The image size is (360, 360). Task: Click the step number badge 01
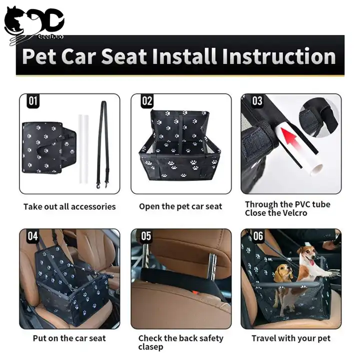pos(33,100)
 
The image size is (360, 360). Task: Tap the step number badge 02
pos(147,100)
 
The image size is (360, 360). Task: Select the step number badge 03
pos(257,100)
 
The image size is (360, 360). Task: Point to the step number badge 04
pos(32,236)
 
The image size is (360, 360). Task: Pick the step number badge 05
pos(146,236)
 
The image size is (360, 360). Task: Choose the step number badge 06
pos(258,236)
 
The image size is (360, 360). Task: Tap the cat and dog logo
pos(34,25)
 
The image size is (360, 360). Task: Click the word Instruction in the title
pos(279,56)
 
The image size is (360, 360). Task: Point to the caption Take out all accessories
pos(69,206)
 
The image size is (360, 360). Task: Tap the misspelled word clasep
pos(150,347)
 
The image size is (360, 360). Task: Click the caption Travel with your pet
pos(291,338)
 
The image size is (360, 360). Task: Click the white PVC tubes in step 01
pos(83,149)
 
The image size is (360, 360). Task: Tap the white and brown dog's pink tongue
pos(311,262)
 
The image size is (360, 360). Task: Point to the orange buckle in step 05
pos(195,292)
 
